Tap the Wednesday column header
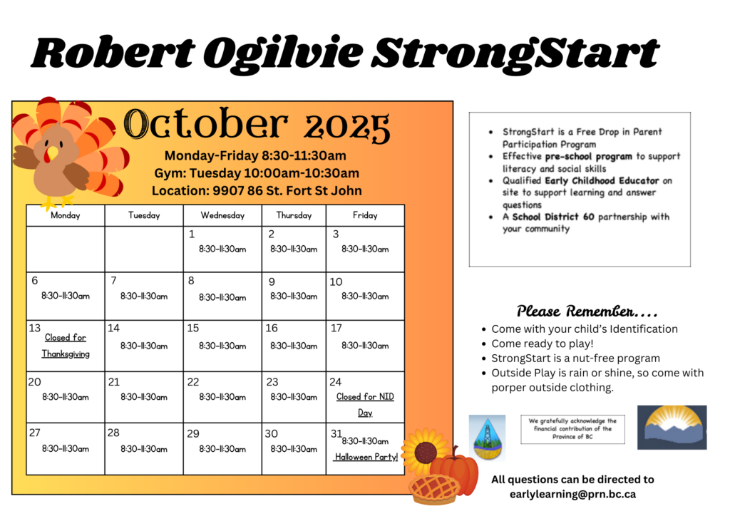(222, 215)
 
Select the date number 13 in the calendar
(35, 328)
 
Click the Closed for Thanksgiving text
(66, 346)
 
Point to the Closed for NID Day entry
(365, 404)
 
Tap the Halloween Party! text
(366, 457)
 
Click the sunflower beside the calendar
(424, 451)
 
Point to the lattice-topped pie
(433, 489)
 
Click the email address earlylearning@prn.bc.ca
(572, 494)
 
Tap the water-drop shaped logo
(487, 438)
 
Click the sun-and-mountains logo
(672, 427)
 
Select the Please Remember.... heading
(587, 311)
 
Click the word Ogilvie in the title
(283, 53)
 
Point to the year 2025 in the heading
(347, 127)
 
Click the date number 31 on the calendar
(336, 433)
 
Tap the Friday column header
(365, 215)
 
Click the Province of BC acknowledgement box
(572, 429)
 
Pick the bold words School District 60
(553, 217)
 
